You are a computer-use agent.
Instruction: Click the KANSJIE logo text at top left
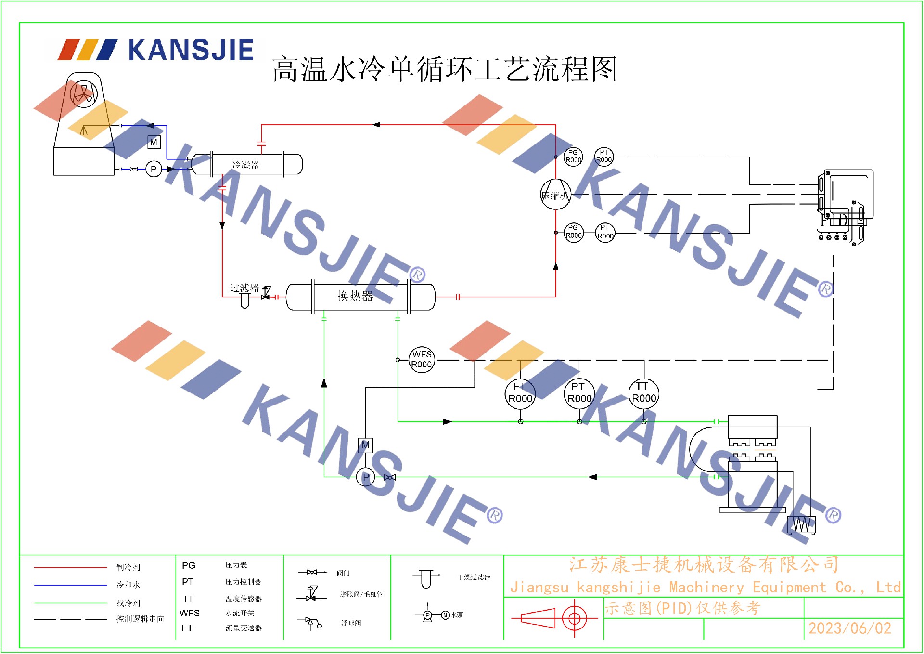click(x=191, y=50)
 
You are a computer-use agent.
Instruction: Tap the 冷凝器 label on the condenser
click(x=245, y=165)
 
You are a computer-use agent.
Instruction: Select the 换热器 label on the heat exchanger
click(x=355, y=296)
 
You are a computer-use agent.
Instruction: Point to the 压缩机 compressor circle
click(x=555, y=195)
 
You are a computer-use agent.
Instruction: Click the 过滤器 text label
click(x=244, y=288)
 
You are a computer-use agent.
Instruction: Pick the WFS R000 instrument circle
click(x=422, y=360)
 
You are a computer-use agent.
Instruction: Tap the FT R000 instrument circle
click(x=520, y=393)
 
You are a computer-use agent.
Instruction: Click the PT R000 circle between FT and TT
click(x=579, y=393)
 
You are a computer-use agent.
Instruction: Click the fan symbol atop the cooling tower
click(x=84, y=93)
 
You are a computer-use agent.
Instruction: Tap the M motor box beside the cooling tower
click(x=154, y=143)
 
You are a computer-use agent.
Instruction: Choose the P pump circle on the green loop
click(x=365, y=477)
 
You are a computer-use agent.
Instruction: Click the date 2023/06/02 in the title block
click(x=849, y=628)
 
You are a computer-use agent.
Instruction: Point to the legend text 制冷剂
click(x=128, y=567)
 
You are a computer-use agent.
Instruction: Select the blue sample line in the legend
click(x=70, y=585)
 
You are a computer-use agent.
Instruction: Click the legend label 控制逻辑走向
click(x=140, y=619)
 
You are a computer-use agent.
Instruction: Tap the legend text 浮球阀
click(x=351, y=623)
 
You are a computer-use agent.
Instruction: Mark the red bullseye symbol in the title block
click(x=574, y=618)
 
